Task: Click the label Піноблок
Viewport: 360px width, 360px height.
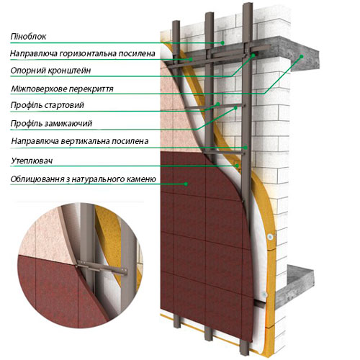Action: [28, 37]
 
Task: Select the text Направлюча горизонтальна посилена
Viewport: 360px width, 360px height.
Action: [83, 53]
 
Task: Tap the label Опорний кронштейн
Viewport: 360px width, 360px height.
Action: [50, 71]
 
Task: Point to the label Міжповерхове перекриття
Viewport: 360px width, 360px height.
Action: [62, 89]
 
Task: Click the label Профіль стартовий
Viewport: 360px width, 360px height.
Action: [48, 105]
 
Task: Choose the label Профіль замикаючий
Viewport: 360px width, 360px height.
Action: [51, 124]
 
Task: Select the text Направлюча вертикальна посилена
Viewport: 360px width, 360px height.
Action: [80, 141]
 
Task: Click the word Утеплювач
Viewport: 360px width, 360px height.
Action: [32, 161]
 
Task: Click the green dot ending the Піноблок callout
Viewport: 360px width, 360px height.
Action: [222, 42]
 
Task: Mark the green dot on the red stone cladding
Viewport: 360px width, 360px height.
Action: [186, 184]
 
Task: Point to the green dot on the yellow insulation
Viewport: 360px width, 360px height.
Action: [237, 166]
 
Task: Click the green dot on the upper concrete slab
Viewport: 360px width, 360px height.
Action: [302, 56]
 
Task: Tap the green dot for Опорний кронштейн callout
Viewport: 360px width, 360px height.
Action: [253, 55]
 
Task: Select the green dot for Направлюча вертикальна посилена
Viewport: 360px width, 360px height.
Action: [246, 148]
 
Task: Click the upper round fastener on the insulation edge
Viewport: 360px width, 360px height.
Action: [271, 237]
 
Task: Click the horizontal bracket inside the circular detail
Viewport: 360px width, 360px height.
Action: [102, 268]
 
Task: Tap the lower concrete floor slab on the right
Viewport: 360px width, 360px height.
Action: [295, 286]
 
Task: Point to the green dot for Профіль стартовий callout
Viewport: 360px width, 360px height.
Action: [218, 104]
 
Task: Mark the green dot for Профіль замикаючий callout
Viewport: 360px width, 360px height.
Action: [235, 108]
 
